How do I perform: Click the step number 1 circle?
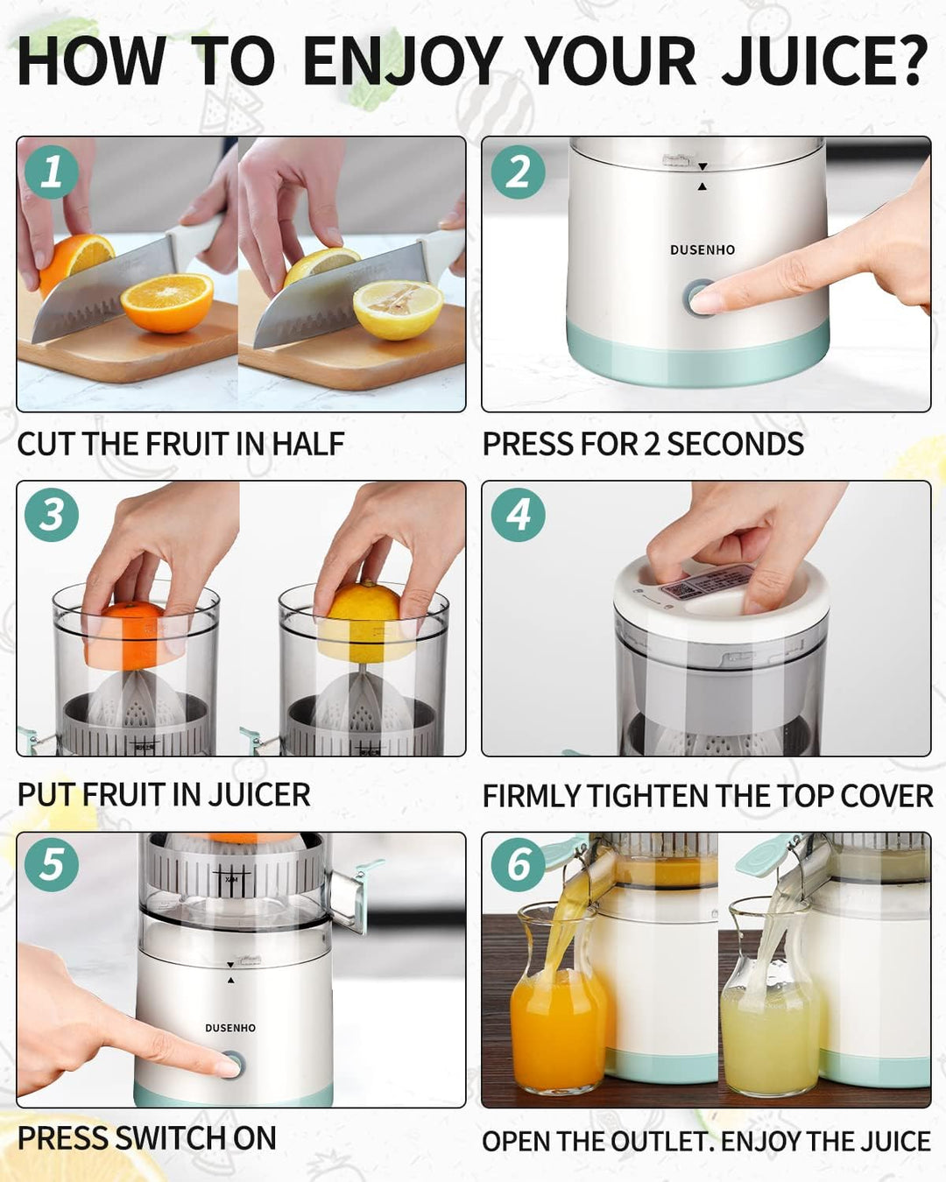point(52,172)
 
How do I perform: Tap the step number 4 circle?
point(518,515)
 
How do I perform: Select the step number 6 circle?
point(518,865)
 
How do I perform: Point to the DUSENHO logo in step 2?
point(702,250)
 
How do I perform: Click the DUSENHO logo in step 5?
point(230,1028)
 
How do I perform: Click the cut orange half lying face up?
point(166,302)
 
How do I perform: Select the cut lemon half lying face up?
point(398,308)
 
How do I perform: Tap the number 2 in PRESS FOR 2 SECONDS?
point(652,445)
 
